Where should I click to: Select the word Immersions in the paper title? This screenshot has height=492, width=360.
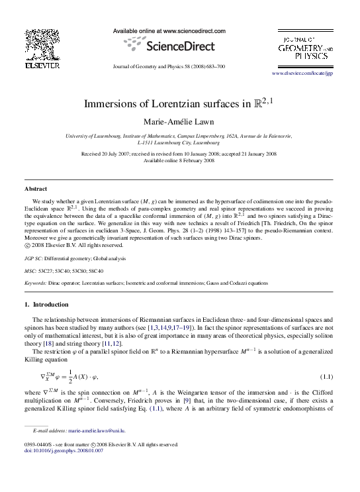[x=109, y=104]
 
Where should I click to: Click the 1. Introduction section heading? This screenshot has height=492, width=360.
[x=46, y=305]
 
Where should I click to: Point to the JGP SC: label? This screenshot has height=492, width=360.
[x=35, y=258]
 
